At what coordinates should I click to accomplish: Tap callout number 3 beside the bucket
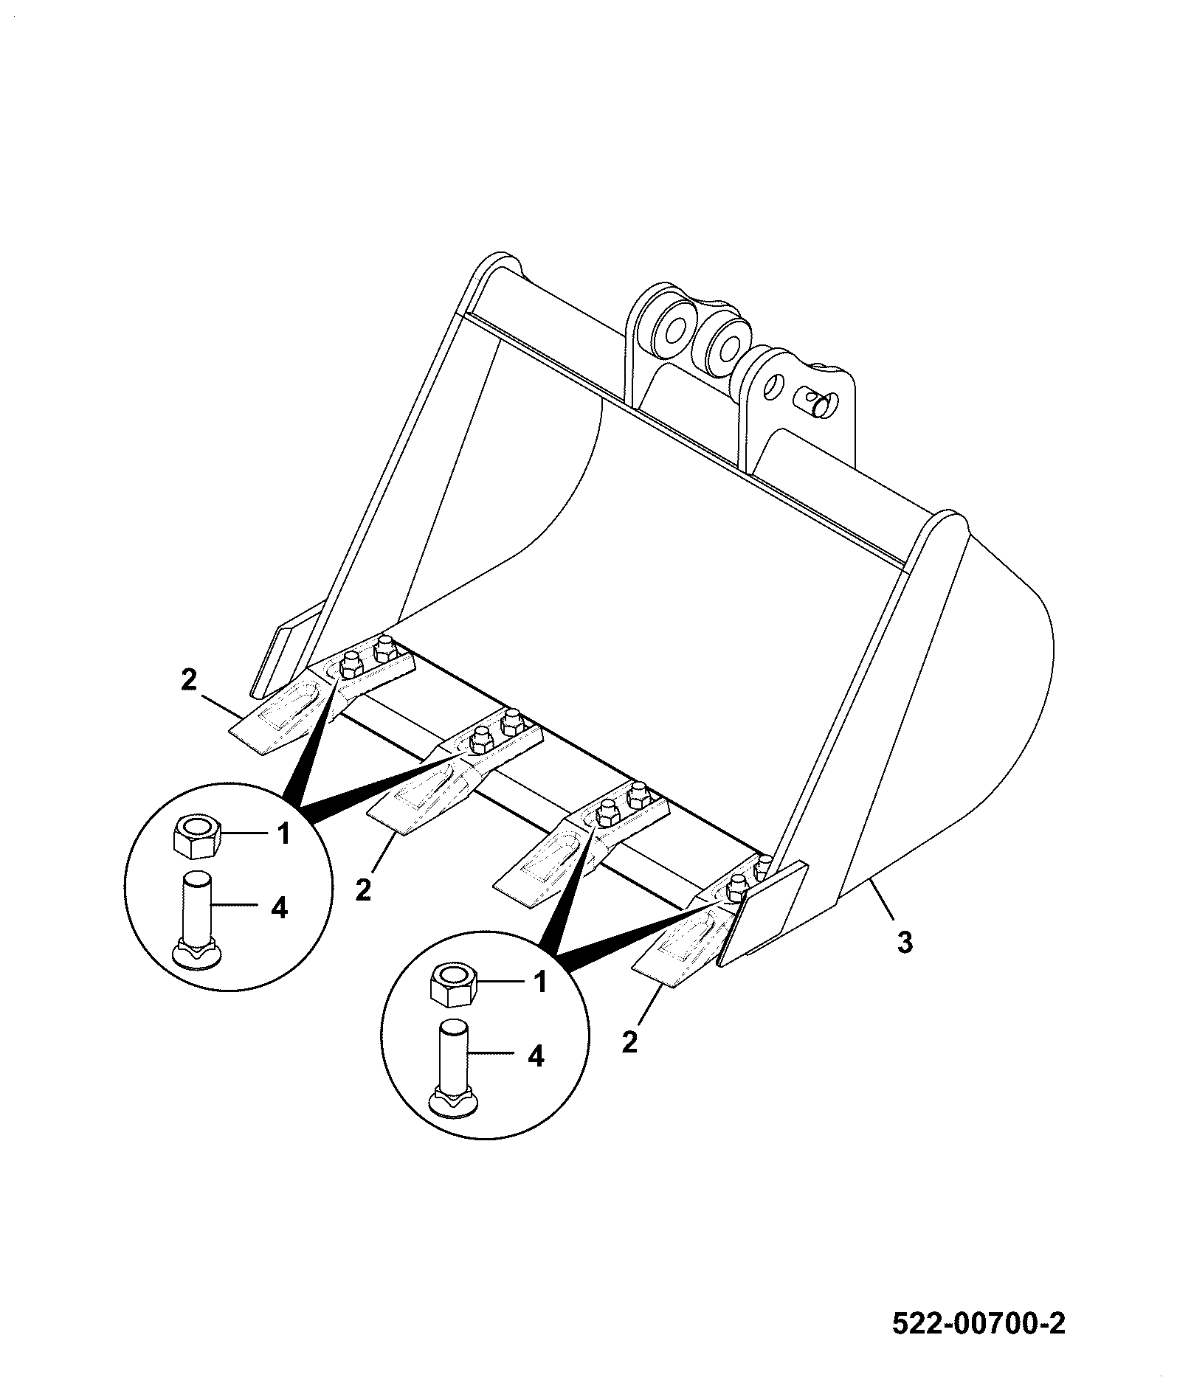pyautogui.click(x=905, y=942)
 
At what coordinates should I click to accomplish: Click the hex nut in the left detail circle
pyautogui.click(x=193, y=836)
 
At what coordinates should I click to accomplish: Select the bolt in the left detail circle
pyautogui.click(x=196, y=919)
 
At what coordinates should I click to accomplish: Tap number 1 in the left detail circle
pyautogui.click(x=282, y=833)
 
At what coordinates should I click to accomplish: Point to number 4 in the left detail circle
pyautogui.click(x=279, y=909)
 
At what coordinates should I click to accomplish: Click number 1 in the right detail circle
pyautogui.click(x=541, y=982)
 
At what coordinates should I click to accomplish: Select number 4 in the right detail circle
pyautogui.click(x=536, y=1057)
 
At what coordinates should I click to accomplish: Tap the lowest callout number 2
pyautogui.click(x=629, y=1042)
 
